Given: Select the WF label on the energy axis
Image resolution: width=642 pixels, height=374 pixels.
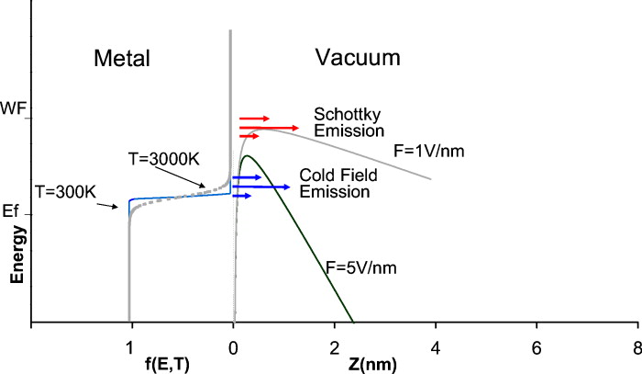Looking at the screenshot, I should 14,107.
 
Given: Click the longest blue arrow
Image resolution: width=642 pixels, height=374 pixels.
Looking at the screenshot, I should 262,187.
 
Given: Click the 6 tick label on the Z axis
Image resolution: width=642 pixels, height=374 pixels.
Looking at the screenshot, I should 536,350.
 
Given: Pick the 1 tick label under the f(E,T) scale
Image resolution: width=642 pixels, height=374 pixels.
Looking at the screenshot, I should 131,350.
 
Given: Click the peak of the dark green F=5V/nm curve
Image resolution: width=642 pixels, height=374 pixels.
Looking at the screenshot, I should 246,155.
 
